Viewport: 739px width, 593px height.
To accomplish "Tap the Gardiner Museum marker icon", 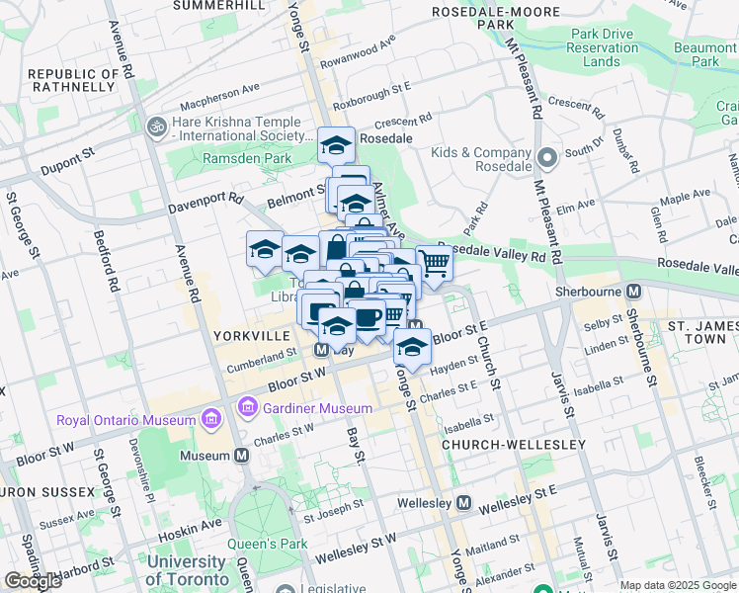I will tap(247, 406).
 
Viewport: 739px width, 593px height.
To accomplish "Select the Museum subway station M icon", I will tap(241, 456).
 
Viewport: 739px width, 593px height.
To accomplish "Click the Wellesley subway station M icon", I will tap(463, 503).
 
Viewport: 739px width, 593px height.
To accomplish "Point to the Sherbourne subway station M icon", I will tap(633, 292).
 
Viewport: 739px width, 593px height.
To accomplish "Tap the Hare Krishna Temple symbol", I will tap(155, 127).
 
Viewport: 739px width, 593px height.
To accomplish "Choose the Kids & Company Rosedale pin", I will tap(544, 157).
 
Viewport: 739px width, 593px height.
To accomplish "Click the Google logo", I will tap(33, 581).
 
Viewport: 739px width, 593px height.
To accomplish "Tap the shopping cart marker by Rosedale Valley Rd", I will tap(434, 263).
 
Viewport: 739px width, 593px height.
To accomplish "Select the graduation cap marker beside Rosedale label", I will tap(336, 144).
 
